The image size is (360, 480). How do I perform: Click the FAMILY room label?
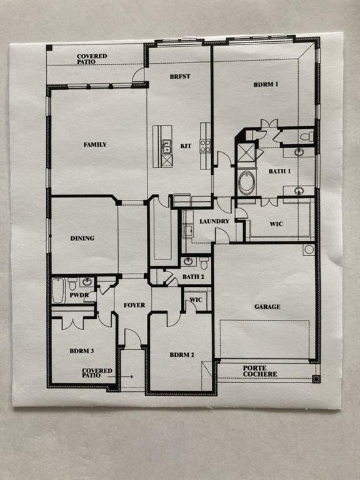coord(95,144)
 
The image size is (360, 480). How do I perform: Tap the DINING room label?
coord(82,238)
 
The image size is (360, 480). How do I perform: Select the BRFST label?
coord(179,76)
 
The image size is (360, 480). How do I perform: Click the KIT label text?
coord(186,146)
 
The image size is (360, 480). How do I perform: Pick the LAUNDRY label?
coord(214,221)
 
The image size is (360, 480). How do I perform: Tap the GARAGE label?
coord(267,307)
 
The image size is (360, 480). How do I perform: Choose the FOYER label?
coord(134,305)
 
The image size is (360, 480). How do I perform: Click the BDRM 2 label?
coord(182,355)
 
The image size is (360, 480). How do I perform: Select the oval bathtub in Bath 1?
coord(247,182)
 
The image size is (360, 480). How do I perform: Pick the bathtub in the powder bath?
coord(58,290)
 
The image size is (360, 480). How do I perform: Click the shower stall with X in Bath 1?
coord(246,152)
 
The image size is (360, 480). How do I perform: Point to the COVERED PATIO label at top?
coord(92,59)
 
